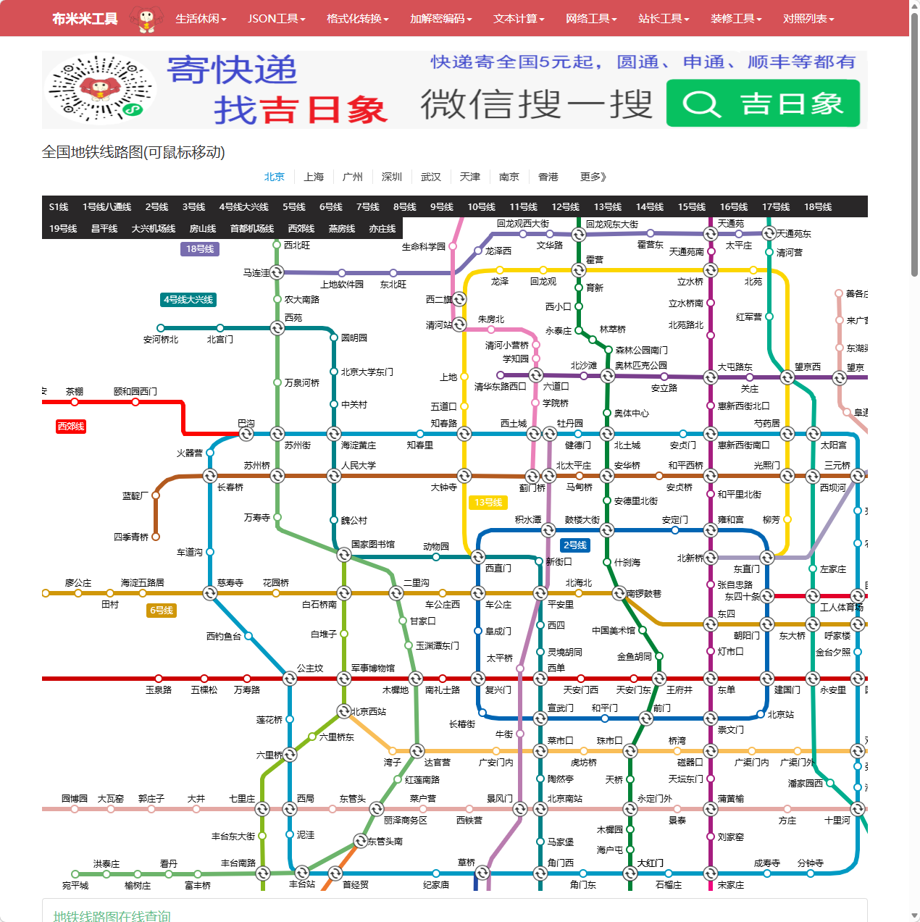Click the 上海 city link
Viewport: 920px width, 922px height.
[x=314, y=177]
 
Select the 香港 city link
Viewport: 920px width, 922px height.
[x=548, y=177]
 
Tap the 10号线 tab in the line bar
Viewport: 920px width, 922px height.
[x=481, y=207]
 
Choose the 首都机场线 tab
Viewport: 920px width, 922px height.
[x=252, y=229]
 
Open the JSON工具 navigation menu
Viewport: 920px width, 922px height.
[x=276, y=18]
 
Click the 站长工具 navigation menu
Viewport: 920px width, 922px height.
[x=664, y=18]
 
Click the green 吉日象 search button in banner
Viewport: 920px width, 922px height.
[x=763, y=104]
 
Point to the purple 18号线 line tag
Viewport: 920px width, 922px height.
[x=200, y=249]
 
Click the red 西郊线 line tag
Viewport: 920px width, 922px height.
[x=71, y=427]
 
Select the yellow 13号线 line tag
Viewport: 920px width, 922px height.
[x=488, y=503]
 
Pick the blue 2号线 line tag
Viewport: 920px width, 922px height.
[x=575, y=545]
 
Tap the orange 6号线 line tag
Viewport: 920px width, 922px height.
[x=162, y=611]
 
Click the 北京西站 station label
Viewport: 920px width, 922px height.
[x=369, y=712]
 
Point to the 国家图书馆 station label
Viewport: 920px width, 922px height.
[x=373, y=544]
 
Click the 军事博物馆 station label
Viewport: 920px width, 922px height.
[x=373, y=669]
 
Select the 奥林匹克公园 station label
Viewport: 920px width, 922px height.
[x=641, y=366]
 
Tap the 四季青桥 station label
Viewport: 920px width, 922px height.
[x=131, y=537]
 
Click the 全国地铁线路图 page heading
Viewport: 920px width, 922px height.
[x=133, y=152]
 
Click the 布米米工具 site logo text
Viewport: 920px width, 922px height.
[x=85, y=19]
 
